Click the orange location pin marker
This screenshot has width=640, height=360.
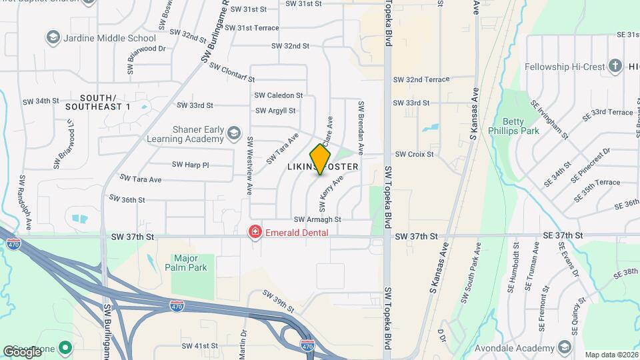tap(321, 159)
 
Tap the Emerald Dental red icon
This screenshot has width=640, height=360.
tap(255, 232)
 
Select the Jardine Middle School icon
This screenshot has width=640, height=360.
tap(53, 38)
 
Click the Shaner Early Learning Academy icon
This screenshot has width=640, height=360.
tap(233, 133)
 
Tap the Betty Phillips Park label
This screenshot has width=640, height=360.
tap(515, 126)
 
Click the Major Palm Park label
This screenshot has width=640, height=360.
tap(190, 263)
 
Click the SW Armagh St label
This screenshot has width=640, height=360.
tap(317, 219)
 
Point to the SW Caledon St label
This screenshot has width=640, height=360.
tap(279, 95)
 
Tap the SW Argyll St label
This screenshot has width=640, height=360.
tap(275, 111)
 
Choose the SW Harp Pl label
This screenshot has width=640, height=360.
tap(191, 164)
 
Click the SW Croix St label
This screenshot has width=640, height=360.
tap(414, 154)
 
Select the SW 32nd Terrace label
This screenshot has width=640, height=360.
tap(421, 79)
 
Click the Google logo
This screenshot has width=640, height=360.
tap(23, 351)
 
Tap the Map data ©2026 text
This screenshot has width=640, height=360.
tap(611, 355)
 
